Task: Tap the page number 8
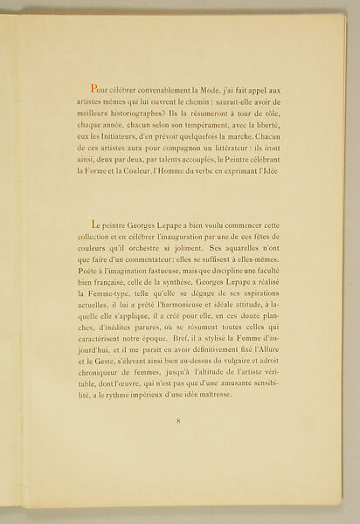[177, 422]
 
